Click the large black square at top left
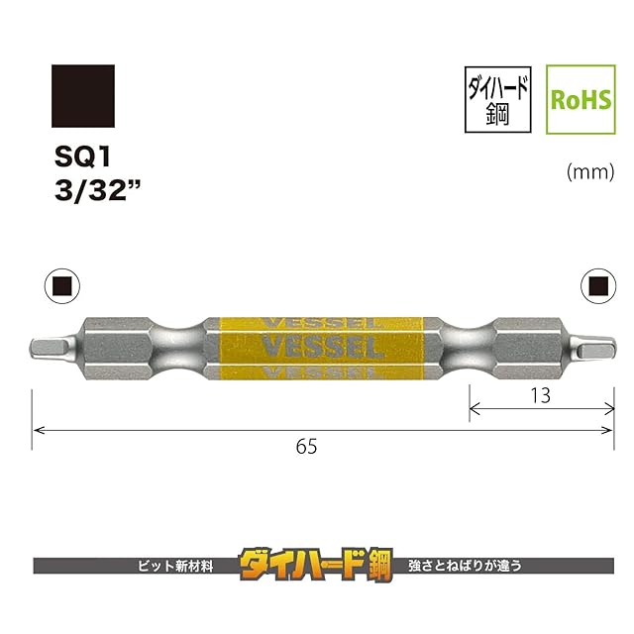(83, 96)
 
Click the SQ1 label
(82, 157)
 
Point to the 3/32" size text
(97, 191)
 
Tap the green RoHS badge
(581, 99)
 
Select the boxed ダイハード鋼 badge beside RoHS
(497, 99)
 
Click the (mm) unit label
(590, 172)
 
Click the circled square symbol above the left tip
(62, 286)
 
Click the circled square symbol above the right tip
(598, 286)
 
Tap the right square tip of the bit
(593, 349)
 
